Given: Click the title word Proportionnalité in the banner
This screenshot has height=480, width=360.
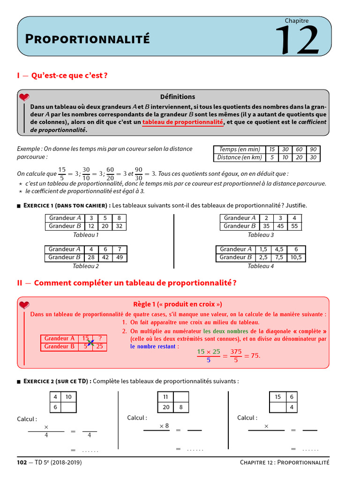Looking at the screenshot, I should [87, 39].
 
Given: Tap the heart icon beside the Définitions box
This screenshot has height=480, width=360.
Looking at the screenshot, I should [24, 97].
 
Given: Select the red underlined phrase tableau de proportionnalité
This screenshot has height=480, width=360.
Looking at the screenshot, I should [183, 122].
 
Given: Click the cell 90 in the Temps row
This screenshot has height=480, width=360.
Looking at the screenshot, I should [313, 150].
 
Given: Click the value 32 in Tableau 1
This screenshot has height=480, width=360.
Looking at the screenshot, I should [119, 226].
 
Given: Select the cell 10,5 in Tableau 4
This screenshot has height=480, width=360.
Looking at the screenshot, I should [296, 257].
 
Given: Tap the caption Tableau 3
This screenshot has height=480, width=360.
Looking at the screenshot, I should [261, 235].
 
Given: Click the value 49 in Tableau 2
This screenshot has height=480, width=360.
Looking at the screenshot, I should [120, 257].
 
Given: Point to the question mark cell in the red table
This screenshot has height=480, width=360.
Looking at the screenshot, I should [100, 338].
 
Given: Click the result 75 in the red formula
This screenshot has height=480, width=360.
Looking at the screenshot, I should [255, 356].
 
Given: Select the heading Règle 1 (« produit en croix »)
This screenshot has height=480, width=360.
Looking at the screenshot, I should [178, 304].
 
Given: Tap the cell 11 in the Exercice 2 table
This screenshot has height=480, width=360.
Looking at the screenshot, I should [165, 397].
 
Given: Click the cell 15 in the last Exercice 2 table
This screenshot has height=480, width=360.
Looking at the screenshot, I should [277, 397].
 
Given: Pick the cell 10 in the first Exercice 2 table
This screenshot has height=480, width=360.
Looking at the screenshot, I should [68, 397].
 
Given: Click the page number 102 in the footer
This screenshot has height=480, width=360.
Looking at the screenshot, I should [22, 463].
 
